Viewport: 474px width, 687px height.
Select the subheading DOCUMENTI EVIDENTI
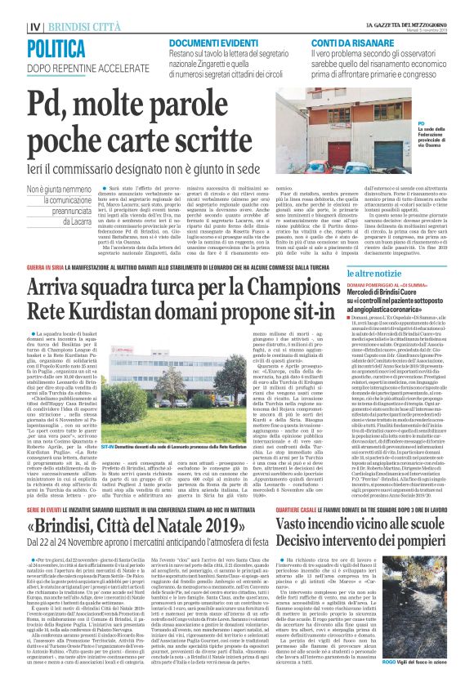(x=212, y=42)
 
